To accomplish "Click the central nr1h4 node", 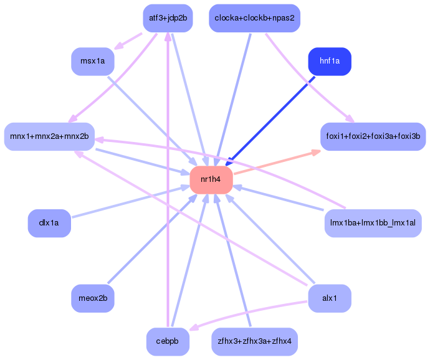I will click(211, 180).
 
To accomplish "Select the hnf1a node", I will click(330, 62).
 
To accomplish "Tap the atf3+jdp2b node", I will click(168, 18).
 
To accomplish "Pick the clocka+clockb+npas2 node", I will click(255, 18).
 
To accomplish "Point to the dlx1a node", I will click(49, 224).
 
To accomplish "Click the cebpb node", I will click(168, 342).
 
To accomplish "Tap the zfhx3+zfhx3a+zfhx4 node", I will click(255, 342).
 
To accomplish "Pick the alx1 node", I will click(330, 298).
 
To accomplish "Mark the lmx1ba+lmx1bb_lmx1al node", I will click(373, 224).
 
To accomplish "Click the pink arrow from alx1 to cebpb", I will click(249, 311).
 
